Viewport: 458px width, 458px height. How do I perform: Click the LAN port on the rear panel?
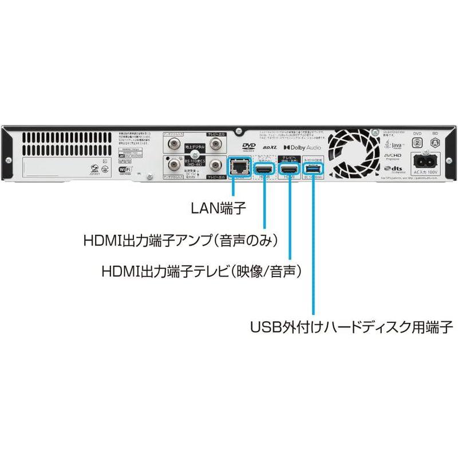pos(238,167)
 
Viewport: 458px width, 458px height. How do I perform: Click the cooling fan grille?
pos(351,151)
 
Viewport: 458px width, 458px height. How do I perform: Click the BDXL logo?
pos(270,148)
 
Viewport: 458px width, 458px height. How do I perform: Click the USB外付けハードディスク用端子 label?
pos(352,327)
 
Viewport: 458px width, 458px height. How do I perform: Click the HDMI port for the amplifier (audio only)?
pos(264,168)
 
